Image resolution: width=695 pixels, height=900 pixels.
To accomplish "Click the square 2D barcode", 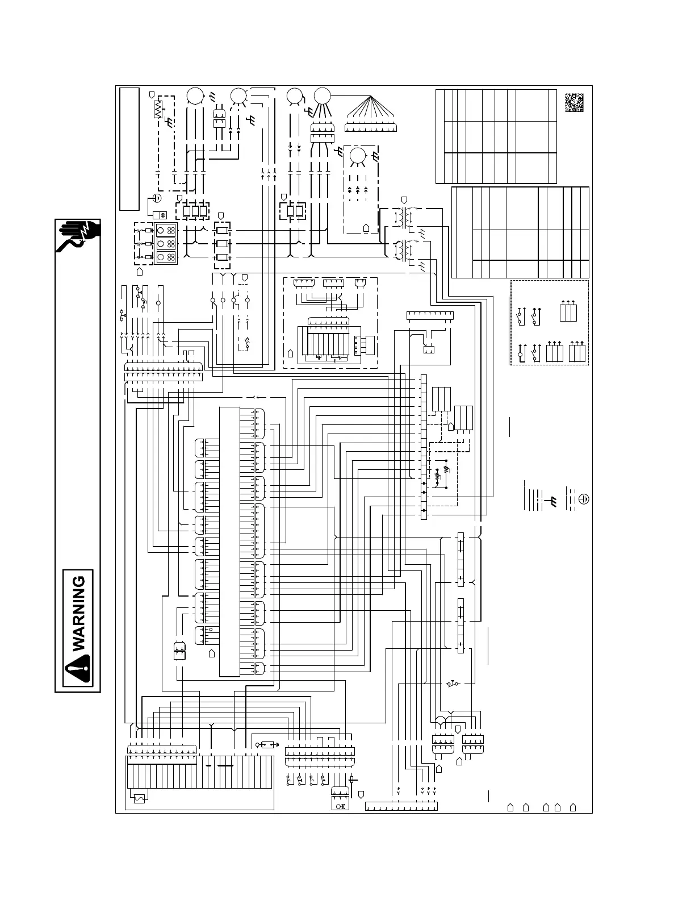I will click(x=574, y=102).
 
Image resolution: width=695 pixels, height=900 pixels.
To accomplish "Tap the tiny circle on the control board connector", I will click(x=211, y=630).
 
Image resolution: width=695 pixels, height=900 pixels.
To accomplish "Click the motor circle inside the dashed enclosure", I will click(x=358, y=156).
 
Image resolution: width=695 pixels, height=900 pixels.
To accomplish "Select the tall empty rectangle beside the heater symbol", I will click(x=129, y=148).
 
